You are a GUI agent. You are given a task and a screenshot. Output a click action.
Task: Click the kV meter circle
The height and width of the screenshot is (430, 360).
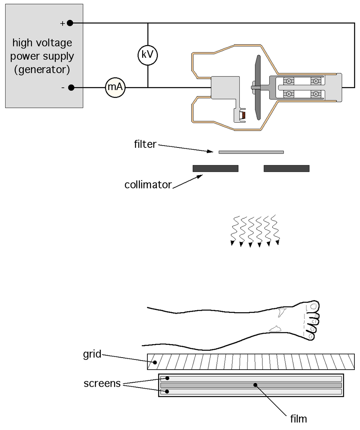147,55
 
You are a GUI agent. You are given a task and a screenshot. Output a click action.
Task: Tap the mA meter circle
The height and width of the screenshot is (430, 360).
115,87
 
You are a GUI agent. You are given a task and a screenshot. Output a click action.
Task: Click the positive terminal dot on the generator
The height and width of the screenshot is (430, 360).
70,23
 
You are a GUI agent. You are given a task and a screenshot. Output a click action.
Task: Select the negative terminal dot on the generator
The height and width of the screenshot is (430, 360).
71,87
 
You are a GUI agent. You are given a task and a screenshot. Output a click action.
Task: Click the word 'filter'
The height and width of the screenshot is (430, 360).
145,144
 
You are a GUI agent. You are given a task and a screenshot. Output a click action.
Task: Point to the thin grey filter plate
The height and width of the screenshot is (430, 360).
251,152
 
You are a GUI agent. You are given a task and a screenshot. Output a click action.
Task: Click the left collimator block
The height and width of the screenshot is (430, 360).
215,168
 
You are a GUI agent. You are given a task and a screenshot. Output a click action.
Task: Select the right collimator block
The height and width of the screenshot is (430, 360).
286,168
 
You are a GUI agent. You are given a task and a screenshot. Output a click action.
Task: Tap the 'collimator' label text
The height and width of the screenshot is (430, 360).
148,185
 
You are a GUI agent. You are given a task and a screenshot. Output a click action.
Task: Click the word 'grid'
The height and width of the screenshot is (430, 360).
92,354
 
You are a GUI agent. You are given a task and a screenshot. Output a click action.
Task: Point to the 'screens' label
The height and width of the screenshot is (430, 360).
102,383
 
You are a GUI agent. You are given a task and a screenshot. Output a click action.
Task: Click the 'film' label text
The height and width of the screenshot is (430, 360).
298,418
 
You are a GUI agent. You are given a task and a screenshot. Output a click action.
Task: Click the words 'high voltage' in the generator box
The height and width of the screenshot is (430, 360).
42,43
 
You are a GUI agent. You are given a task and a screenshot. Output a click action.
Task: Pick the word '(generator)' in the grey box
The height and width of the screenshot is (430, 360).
42,70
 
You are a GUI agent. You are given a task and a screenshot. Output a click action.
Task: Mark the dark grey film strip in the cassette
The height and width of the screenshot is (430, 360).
251,385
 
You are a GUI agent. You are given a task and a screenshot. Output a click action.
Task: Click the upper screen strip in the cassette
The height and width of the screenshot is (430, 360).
251,379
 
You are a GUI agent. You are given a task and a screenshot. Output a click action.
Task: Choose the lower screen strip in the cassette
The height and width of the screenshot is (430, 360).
251,392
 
